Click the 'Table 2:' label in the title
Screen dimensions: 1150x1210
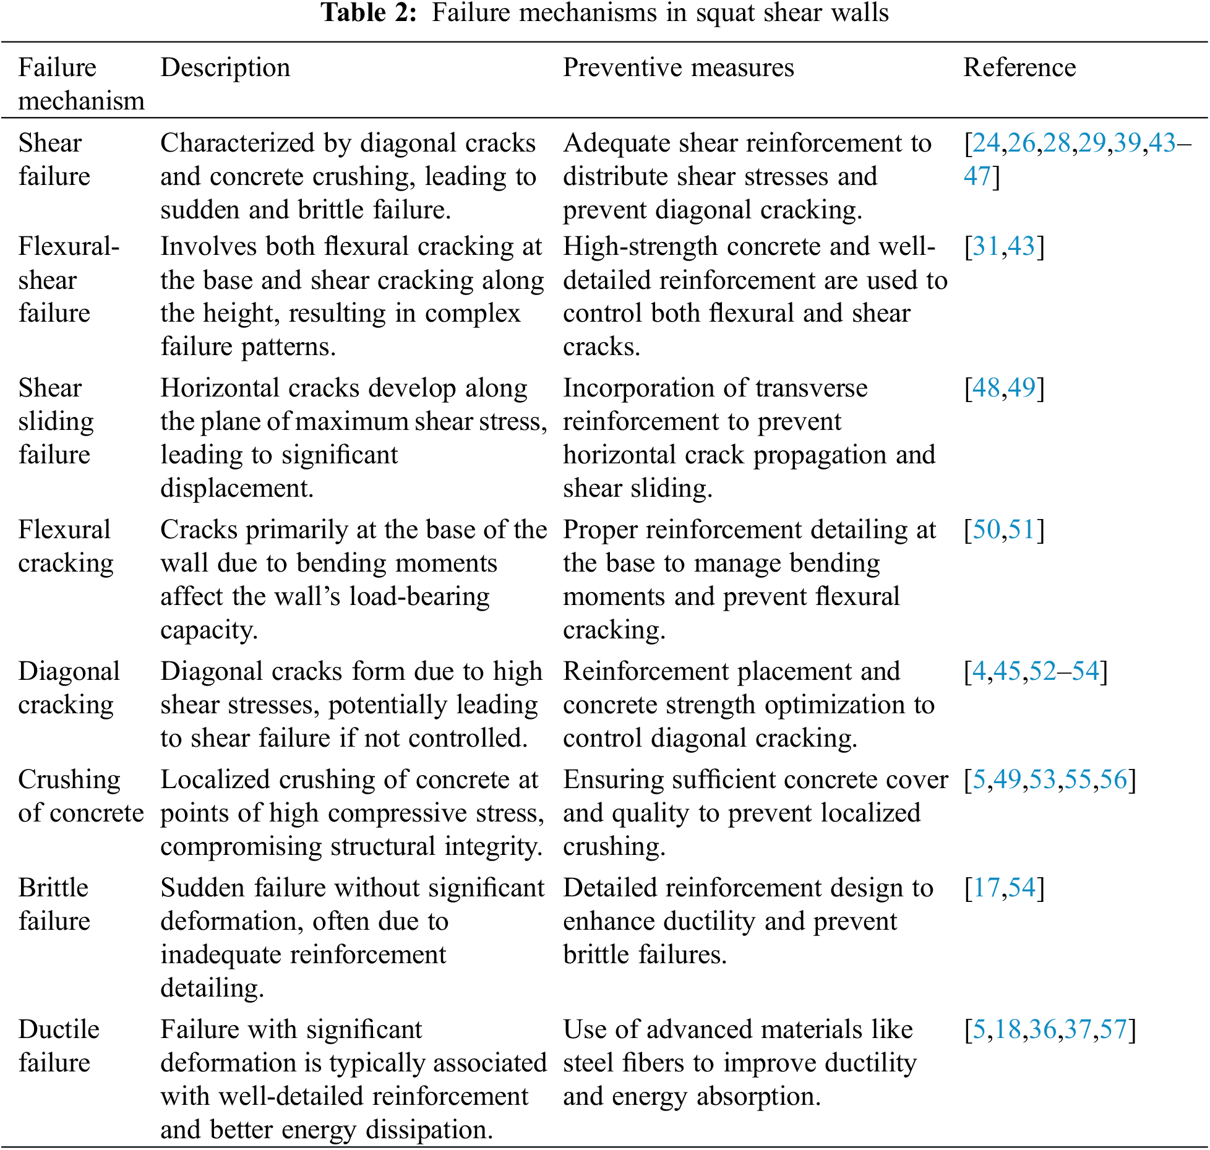click(x=369, y=13)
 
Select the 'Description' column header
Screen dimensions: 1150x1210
click(x=225, y=67)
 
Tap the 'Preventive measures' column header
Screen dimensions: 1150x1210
click(x=678, y=67)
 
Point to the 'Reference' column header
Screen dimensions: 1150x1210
click(x=1019, y=67)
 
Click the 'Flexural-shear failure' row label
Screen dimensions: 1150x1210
click(x=69, y=280)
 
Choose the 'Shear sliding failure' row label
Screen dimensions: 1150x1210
click(x=56, y=421)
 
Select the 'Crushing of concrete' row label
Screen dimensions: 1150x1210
click(x=80, y=796)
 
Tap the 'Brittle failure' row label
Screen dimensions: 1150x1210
click(x=54, y=904)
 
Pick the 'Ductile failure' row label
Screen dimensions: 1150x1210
click(x=59, y=1046)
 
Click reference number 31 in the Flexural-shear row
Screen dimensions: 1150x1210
click(x=986, y=246)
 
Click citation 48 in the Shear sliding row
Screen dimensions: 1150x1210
click(x=986, y=388)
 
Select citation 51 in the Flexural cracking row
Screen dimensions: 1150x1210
click(x=1021, y=530)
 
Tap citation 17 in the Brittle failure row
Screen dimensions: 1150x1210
click(x=986, y=888)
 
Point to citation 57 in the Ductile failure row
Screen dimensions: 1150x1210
click(x=1113, y=1029)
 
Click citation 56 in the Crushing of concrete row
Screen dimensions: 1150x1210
click(x=1113, y=779)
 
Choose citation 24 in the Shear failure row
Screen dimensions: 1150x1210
click(x=986, y=143)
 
